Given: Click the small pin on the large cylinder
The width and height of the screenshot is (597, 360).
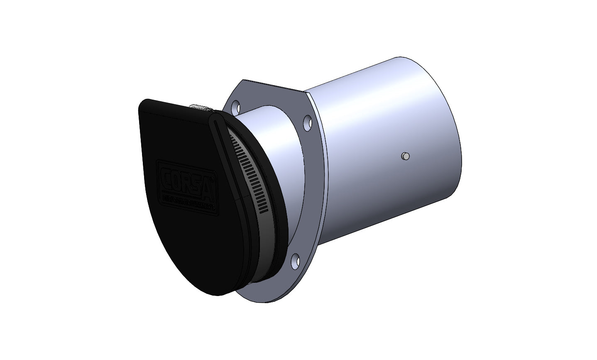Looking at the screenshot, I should click(x=406, y=156).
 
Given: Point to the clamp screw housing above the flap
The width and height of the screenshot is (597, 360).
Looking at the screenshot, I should click(x=200, y=109).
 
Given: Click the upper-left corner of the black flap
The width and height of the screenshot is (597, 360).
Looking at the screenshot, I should click(x=143, y=104).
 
